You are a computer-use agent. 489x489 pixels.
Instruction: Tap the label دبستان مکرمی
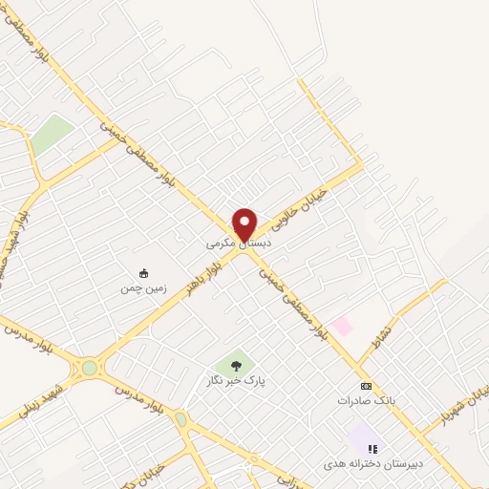[x=240, y=244]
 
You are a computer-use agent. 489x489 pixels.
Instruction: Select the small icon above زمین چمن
[x=143, y=271]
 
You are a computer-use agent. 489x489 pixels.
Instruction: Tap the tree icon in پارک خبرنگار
[x=234, y=365]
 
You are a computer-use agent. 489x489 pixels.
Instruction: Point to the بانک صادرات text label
[x=364, y=401]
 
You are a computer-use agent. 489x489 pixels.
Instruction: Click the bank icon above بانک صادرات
[x=364, y=386]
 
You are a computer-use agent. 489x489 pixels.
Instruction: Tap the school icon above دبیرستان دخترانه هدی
[x=372, y=448]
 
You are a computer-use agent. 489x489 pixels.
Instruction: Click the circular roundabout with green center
[x=90, y=367]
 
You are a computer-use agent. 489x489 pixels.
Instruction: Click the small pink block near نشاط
[x=341, y=327]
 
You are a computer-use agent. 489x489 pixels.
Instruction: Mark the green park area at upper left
[x=52, y=134]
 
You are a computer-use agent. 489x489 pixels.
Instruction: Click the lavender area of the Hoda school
[x=363, y=438]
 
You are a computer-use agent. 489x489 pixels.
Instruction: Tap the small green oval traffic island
[x=181, y=418]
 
